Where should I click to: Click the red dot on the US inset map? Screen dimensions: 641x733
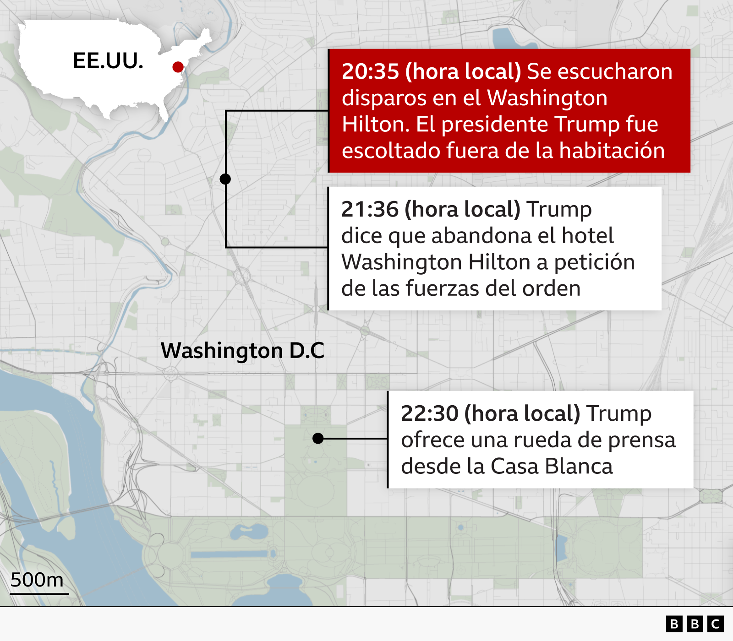point(178,67)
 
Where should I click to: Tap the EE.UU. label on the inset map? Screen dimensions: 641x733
point(108,60)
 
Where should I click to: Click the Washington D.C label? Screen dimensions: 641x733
point(242,351)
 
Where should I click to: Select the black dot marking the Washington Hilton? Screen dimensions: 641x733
point(225,179)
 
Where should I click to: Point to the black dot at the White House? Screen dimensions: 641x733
point(318,439)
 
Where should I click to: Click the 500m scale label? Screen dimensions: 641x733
point(37,580)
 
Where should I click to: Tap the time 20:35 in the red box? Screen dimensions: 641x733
point(370,71)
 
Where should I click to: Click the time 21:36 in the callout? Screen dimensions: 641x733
point(370,209)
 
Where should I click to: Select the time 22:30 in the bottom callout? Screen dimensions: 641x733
point(429,413)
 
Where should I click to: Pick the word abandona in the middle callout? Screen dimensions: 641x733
point(481,236)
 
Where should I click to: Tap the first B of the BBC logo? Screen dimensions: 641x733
point(674,624)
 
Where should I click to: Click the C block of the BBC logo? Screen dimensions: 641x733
point(715,624)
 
